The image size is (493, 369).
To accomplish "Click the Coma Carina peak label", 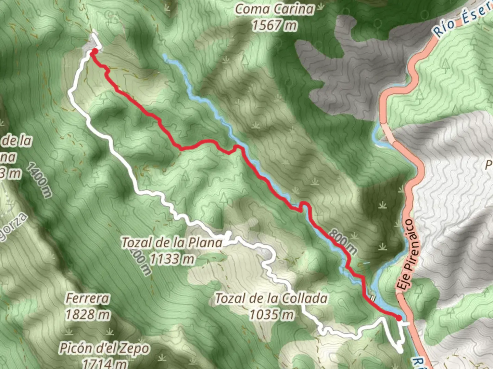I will tap(275, 9).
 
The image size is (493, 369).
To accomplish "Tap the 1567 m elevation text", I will tap(275, 25).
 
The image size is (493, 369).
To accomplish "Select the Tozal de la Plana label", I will tap(172, 243).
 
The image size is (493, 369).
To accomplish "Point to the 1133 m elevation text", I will tap(172, 259).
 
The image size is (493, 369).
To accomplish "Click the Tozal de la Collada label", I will tap(271, 299).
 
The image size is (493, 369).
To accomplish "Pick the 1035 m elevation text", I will tap(271, 314).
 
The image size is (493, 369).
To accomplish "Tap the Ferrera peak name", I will tap(88, 298).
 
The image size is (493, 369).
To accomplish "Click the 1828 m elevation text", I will tap(88, 314).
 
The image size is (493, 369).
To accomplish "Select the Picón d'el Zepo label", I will tap(104, 348).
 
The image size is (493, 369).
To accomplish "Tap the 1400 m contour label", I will tap(39, 181).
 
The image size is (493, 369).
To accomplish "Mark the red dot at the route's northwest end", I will tap(93, 52).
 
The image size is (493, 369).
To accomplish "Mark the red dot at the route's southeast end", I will tap(399, 318).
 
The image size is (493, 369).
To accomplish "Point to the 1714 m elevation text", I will tap(104, 363).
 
